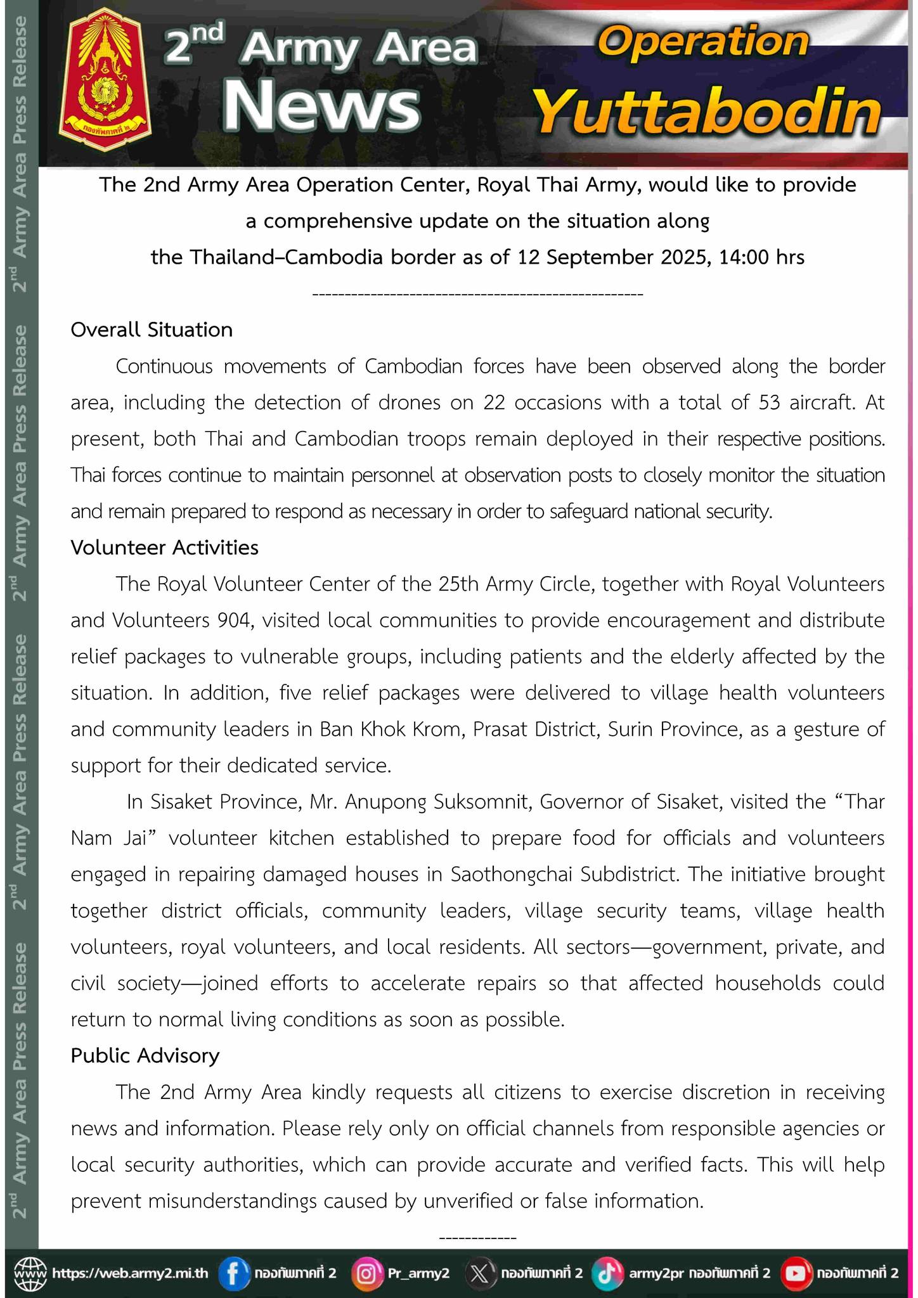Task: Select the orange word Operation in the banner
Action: (703, 42)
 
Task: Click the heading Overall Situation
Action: (152, 330)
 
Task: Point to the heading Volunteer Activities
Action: (165, 548)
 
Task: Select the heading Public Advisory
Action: (145, 1056)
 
